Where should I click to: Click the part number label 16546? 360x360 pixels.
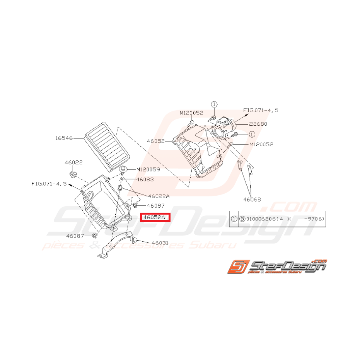click(64, 137)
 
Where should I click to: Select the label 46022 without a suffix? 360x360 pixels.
click(73, 163)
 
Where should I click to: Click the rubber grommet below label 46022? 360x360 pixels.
click(73, 174)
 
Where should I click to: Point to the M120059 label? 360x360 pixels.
click(148, 169)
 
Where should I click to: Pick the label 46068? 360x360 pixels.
click(252, 200)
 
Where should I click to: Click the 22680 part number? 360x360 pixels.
click(258, 124)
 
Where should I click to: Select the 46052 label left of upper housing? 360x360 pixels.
click(156, 142)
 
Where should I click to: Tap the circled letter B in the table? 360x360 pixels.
click(242, 218)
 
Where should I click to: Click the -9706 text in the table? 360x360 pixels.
click(314, 218)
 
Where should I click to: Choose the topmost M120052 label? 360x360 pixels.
click(191, 113)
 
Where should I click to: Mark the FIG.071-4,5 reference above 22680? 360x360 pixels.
click(261, 110)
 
